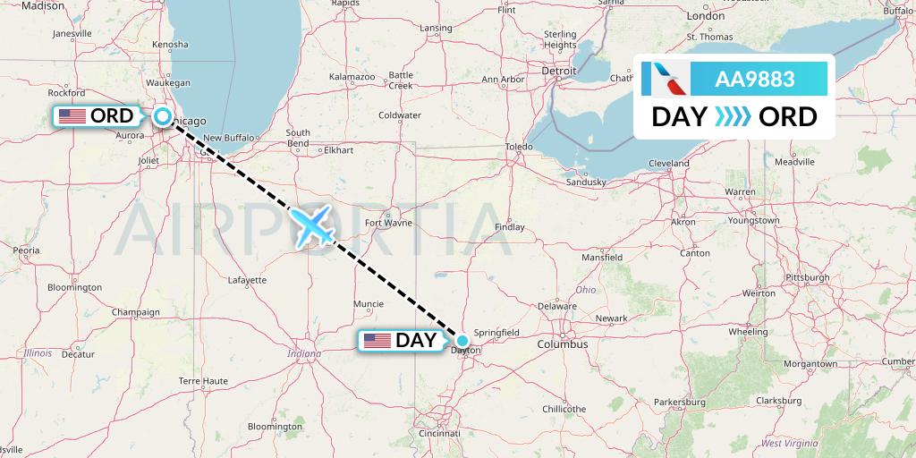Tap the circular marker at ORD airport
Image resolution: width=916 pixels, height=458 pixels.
point(163,115)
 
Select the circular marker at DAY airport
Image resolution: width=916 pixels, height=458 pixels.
point(462,340)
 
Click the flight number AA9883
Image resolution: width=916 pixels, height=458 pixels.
point(755,79)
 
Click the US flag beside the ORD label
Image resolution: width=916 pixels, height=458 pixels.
point(71,116)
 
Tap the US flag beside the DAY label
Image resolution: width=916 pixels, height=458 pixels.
point(377,341)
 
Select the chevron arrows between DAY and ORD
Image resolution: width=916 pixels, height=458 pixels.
point(734,117)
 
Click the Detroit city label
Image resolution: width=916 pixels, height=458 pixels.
point(560,70)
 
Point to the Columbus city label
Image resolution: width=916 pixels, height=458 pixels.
point(563,343)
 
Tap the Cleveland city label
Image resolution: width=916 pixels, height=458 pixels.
point(669,164)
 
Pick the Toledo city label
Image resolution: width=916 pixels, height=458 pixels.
point(519,146)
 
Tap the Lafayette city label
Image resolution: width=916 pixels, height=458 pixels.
point(248,280)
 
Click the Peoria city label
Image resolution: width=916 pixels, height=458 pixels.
point(26,251)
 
